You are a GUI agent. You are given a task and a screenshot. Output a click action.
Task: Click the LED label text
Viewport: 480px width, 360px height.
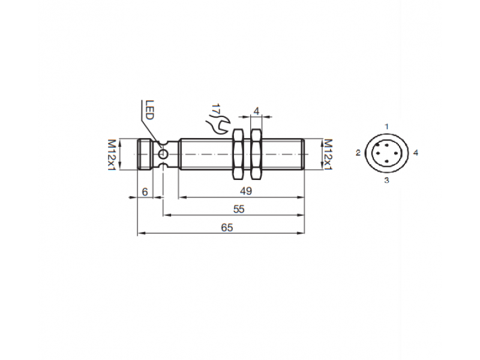pos(150,110)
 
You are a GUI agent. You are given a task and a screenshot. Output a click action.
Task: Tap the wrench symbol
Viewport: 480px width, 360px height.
pos(216,125)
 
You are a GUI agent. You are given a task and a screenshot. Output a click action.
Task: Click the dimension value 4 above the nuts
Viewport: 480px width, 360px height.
pos(256,111)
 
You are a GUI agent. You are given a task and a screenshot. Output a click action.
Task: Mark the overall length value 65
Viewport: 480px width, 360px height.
pos(226,227)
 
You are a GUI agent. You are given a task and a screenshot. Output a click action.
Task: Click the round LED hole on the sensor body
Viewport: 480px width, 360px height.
pos(163,154)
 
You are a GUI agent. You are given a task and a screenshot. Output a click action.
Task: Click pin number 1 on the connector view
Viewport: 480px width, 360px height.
pos(387,126)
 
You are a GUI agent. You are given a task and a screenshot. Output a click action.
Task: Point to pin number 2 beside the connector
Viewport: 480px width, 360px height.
pos(358,154)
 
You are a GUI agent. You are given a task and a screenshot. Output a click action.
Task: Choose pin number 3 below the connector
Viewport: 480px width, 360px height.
pos(387,180)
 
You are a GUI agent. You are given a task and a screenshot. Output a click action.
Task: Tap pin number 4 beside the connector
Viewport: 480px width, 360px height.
pos(416,153)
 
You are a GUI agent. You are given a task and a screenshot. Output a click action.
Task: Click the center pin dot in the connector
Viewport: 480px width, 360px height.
pos(387,154)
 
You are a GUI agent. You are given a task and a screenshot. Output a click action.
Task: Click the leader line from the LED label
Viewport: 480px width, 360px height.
pos(150,129)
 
